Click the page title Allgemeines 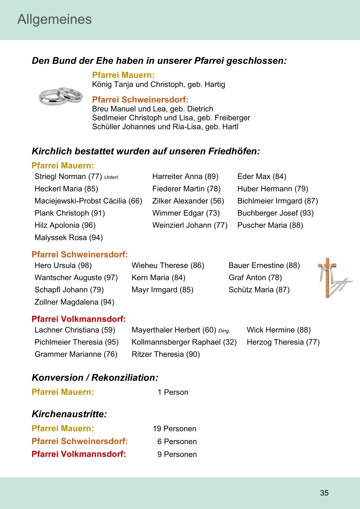(55, 19)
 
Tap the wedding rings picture (61, 96)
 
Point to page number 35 (324, 493)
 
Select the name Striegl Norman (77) (68, 176)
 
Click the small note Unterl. (111, 177)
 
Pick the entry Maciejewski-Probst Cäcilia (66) (88, 201)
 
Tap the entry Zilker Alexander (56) (188, 201)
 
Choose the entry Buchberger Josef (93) (275, 213)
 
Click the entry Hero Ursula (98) (63, 265)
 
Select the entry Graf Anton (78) (255, 278)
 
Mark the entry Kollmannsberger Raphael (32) (184, 342)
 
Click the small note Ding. (224, 331)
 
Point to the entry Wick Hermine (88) (278, 330)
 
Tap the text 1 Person (173, 392)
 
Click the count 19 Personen (174, 429)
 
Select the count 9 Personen (177, 454)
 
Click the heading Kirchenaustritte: (69, 414)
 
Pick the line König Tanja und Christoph (158, 84)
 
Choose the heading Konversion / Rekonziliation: (95, 378)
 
